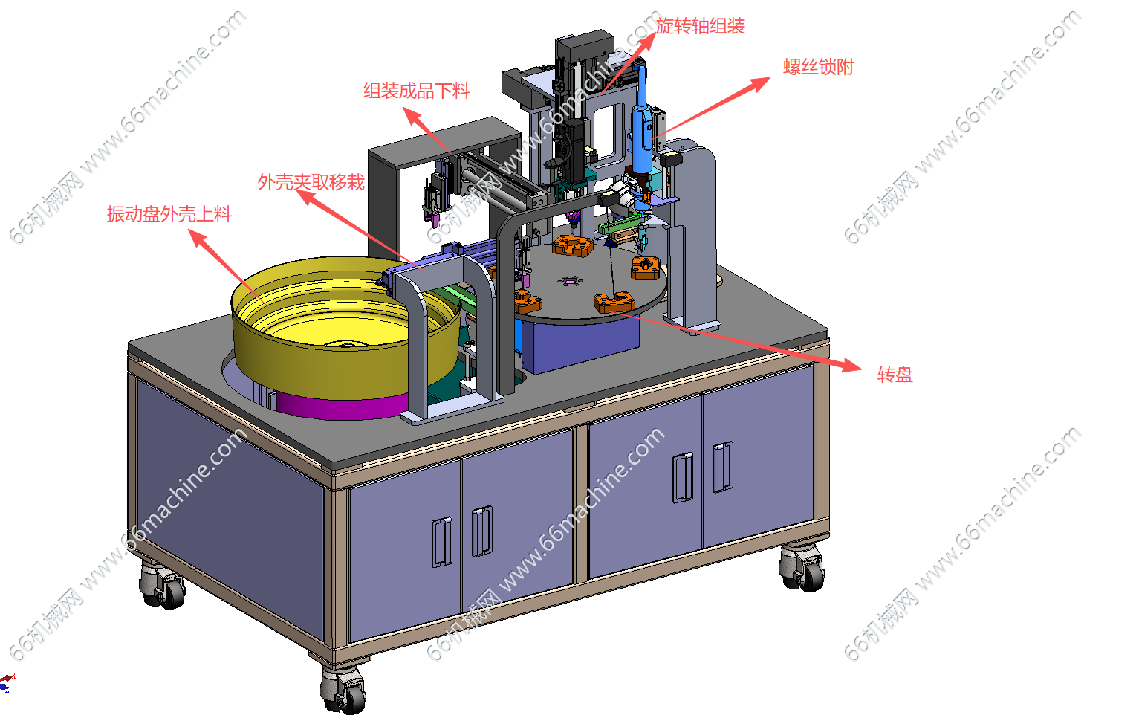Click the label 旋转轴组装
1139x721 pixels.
(700, 26)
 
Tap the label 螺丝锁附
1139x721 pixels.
(818, 67)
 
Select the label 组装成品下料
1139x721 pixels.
(417, 91)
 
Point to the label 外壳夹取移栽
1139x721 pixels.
(311, 181)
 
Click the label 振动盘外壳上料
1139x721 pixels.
(169, 214)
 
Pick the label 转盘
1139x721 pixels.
(895, 375)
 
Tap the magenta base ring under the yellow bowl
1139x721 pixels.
(342, 407)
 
